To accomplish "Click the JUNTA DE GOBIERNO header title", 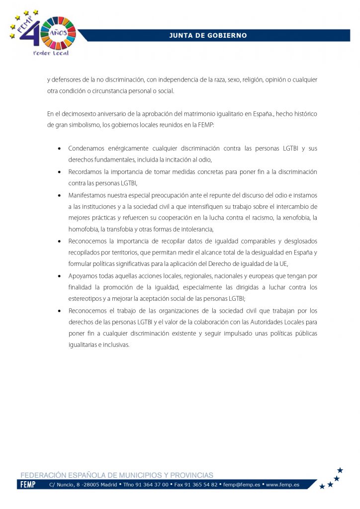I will point(207,35).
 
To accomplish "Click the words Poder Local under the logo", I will point(50,53).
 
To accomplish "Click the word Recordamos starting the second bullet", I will point(87,171).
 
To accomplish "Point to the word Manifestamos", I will point(90,195).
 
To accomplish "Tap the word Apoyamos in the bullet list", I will point(84,276).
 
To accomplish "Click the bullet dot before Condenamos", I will point(60,149).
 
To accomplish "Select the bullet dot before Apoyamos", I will point(60,276).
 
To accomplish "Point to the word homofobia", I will point(83,229).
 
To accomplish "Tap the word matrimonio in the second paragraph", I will point(193,114).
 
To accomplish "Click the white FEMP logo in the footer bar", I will point(27,485).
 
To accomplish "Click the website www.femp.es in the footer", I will point(282,485).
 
